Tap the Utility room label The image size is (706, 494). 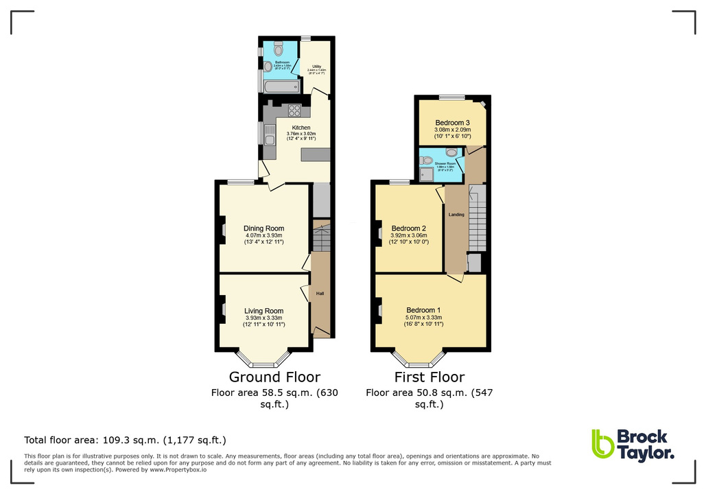click(x=317, y=67)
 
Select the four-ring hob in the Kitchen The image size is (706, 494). click(x=295, y=110)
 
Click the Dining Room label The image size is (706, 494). click(x=263, y=228)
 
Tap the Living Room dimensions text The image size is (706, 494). click(x=264, y=320)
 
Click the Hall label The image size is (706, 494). click(x=320, y=294)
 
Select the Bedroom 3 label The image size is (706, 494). click(x=452, y=123)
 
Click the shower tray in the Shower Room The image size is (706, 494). click(x=428, y=174)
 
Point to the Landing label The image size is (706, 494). click(x=456, y=215)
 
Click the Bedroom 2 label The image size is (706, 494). click(x=409, y=228)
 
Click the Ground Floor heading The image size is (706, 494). click(x=274, y=377)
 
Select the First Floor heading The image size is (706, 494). click(x=430, y=377)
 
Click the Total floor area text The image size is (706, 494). click(x=125, y=440)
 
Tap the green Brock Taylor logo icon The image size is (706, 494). click(x=602, y=444)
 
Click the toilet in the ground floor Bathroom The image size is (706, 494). click(x=277, y=49)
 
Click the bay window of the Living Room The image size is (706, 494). click(x=263, y=358)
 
